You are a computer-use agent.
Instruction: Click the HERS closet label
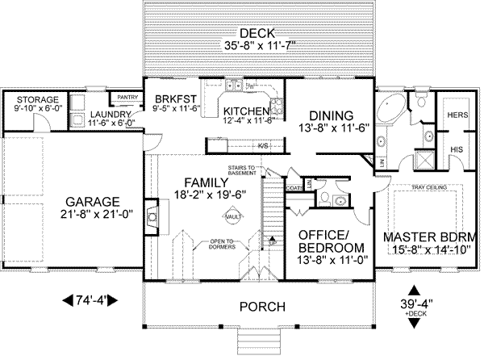456,115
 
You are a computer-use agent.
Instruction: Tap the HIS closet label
456,150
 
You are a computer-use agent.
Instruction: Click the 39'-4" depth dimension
415,303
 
